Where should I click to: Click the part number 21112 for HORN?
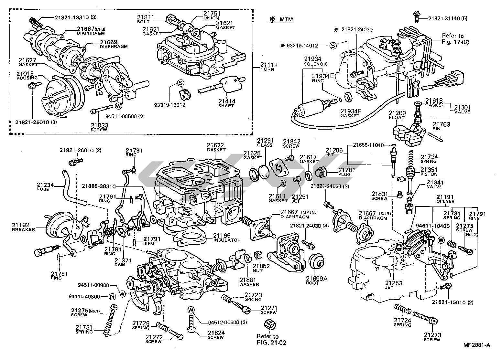(269, 65)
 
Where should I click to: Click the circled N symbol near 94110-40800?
(112, 296)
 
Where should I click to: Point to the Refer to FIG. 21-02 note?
(267, 339)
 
